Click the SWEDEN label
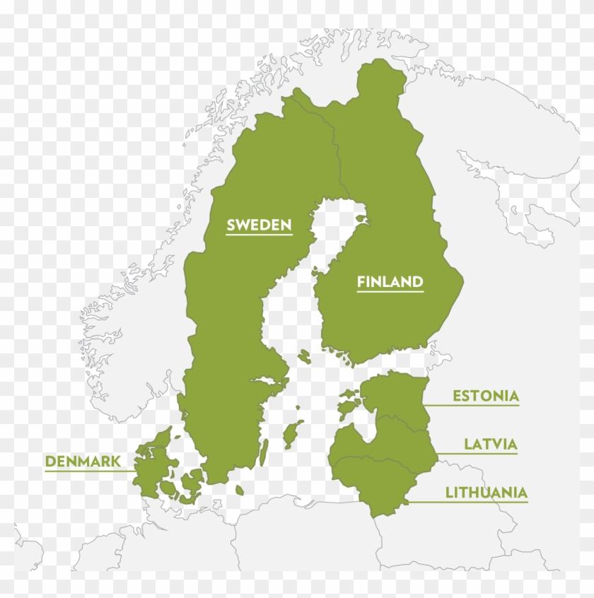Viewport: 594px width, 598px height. [x=259, y=225]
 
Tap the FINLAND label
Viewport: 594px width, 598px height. [x=390, y=282]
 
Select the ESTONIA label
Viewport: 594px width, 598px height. [x=485, y=396]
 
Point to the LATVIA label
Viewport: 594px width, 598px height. [x=490, y=445]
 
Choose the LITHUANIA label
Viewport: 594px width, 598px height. [x=486, y=493]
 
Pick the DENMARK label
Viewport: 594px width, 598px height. [x=82, y=462]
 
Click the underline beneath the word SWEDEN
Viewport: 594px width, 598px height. [x=259, y=235]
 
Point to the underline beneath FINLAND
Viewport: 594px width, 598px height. [x=390, y=292]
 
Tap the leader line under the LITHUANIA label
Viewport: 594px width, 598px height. [x=467, y=503]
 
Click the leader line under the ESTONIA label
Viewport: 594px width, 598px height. [x=474, y=405]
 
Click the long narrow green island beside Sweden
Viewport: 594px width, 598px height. [x=264, y=452]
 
